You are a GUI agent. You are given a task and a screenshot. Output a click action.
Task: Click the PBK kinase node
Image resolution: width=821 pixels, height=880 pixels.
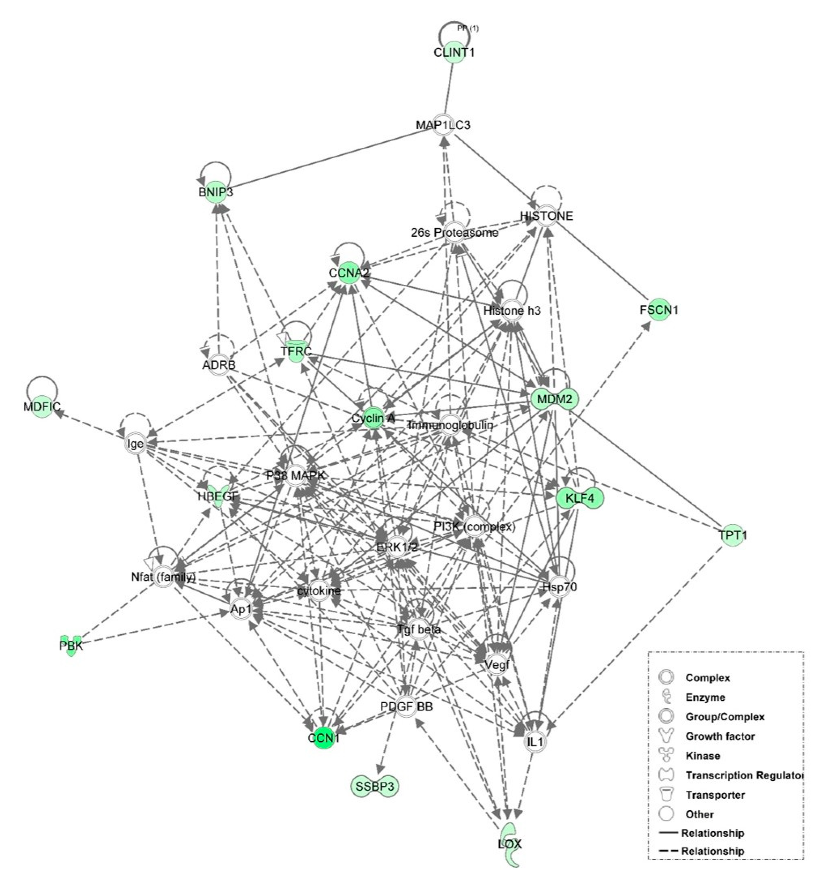point(71,646)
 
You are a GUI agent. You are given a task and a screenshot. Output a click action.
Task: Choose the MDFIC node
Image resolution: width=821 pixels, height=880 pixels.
point(42,406)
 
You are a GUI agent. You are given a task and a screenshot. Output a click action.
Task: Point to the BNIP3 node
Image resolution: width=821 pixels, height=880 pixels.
point(216,192)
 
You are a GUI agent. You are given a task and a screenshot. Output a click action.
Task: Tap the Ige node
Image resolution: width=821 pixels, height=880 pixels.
point(135,443)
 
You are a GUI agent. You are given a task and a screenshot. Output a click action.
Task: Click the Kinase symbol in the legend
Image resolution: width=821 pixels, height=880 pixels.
point(666,756)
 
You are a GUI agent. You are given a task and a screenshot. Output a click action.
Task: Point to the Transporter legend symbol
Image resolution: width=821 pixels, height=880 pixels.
point(666,795)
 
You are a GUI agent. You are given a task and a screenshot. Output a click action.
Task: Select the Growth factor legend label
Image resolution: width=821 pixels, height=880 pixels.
point(720,736)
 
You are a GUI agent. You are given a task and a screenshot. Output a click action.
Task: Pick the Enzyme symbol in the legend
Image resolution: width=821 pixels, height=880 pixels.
point(666,697)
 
